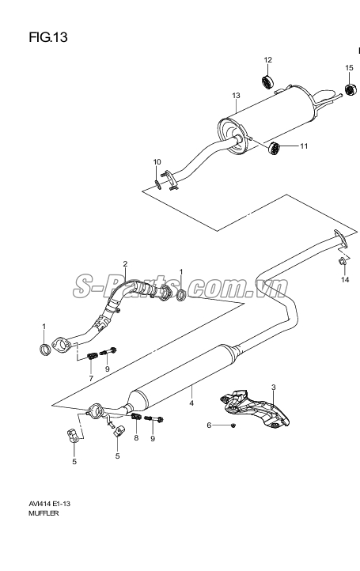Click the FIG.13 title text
[x=48, y=37]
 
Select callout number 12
[x=267, y=60]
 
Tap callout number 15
[x=349, y=68]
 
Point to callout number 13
[x=236, y=96]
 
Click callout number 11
[x=304, y=146]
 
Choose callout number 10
[x=157, y=161]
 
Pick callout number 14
[x=345, y=279]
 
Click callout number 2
[x=125, y=263]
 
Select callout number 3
[x=273, y=387]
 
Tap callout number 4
[x=191, y=403]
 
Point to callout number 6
[x=209, y=425]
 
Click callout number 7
[x=91, y=378]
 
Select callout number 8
[x=136, y=437]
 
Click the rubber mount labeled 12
[x=268, y=81]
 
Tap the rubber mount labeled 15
[x=351, y=89]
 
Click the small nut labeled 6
[x=233, y=425]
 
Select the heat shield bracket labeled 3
[x=255, y=407]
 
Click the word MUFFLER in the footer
[x=44, y=514]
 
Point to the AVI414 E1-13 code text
[x=50, y=504]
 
